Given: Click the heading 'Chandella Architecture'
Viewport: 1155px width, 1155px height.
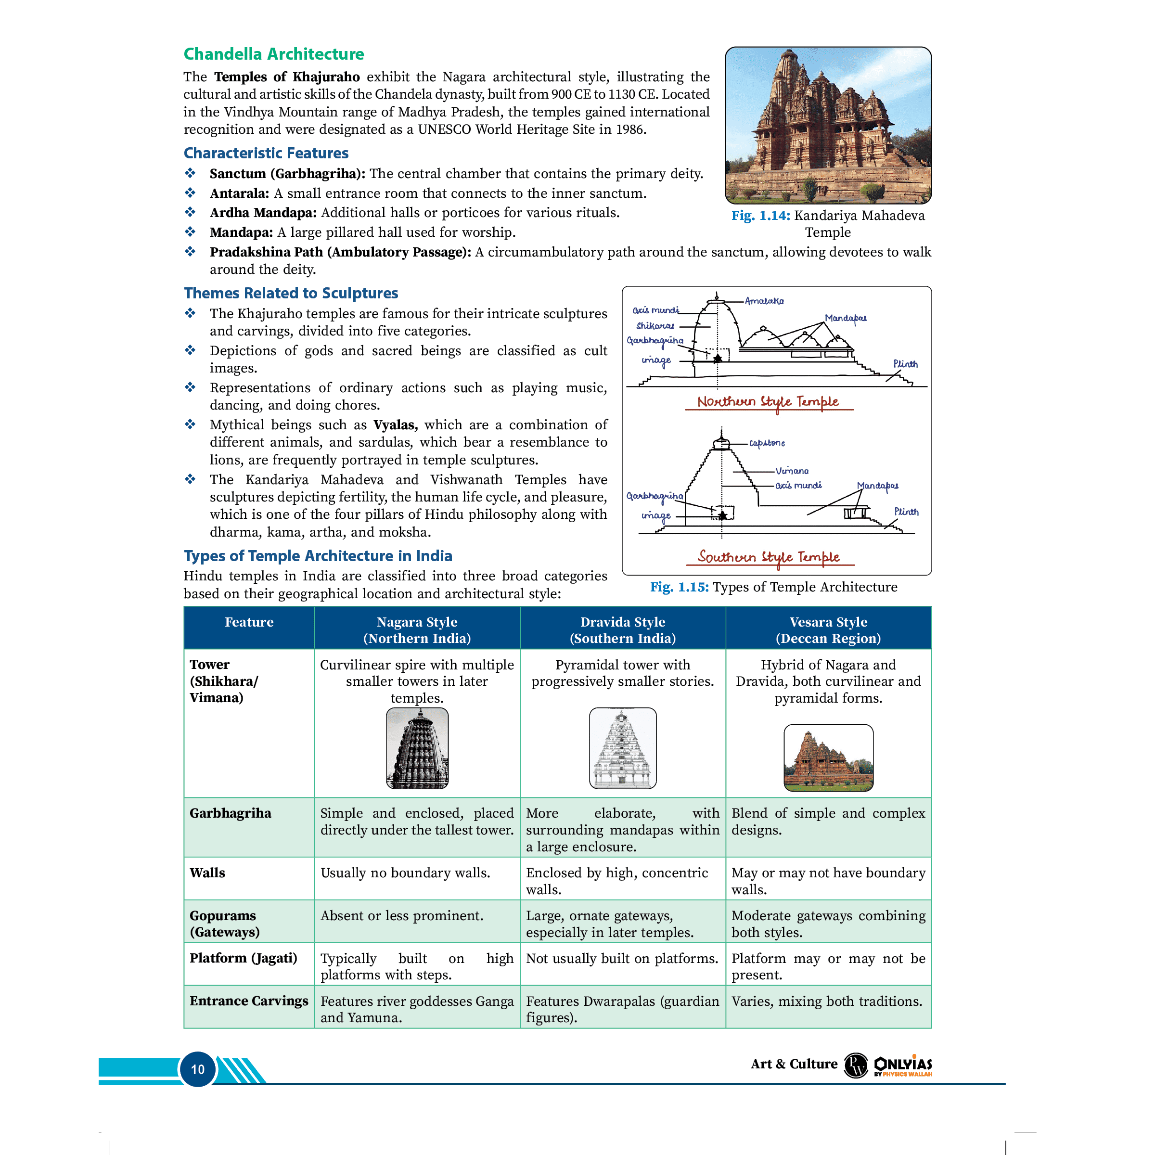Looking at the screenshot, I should click(273, 54).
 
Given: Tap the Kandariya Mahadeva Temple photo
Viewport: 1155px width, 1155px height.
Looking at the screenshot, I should click(827, 126).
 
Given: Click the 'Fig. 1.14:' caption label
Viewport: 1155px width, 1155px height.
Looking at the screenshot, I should click(760, 216).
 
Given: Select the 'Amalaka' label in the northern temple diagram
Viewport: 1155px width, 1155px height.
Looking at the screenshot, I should click(764, 301).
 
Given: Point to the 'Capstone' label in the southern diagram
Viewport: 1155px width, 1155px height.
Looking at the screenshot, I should click(767, 443).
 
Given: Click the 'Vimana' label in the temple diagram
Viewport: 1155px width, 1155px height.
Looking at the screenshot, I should click(792, 471).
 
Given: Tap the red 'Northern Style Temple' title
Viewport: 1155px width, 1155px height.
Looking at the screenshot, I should click(768, 402).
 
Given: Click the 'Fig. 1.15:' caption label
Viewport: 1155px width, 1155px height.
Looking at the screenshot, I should click(679, 587).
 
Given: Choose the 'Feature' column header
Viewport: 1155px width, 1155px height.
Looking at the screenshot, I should click(249, 622).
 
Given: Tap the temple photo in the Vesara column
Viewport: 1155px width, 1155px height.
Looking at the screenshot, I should click(828, 757).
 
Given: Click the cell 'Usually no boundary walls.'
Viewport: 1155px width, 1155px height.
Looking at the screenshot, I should click(405, 873).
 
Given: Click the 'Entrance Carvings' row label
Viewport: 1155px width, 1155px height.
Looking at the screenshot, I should click(249, 1001).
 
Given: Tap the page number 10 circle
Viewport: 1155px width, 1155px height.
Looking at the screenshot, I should click(198, 1069).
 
